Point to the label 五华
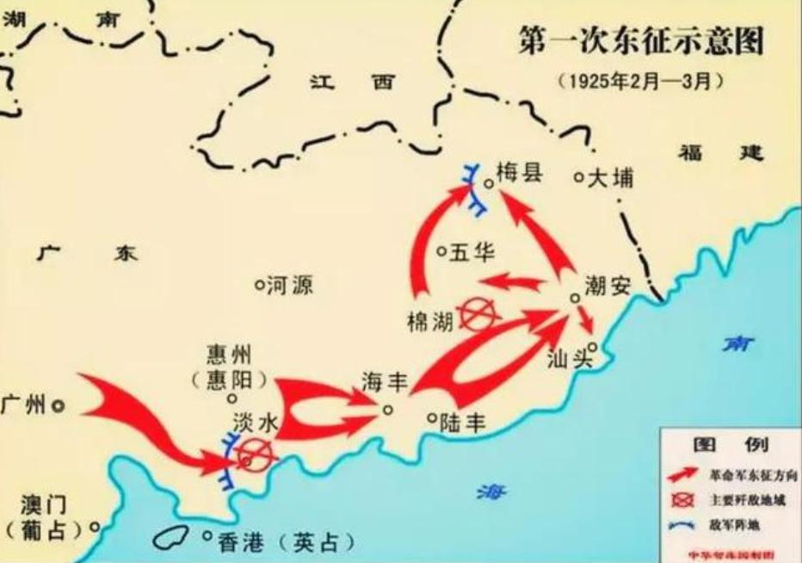point(468,254)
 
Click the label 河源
point(291,286)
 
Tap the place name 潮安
point(608,287)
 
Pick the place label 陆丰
point(463,422)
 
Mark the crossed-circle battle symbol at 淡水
point(256,452)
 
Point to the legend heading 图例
point(731,445)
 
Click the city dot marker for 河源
point(258,285)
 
